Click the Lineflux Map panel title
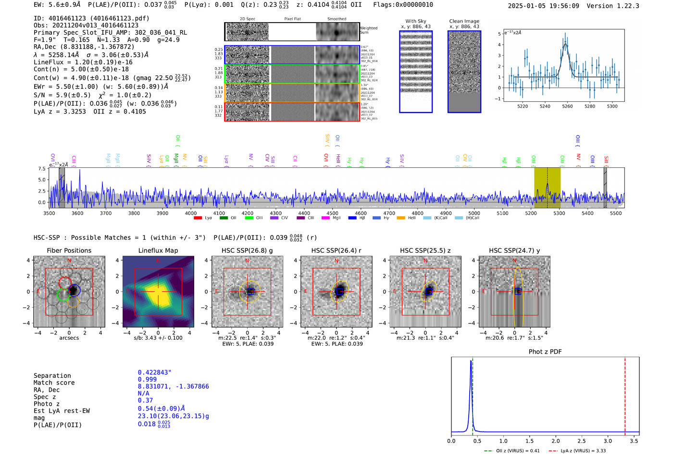[158, 250]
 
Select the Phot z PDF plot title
[545, 352]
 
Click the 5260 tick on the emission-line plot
[567, 107]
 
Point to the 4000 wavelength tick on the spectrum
[191, 213]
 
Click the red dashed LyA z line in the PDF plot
[625, 394]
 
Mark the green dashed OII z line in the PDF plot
[473, 394]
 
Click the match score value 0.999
[147, 380]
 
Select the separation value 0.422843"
[155, 372]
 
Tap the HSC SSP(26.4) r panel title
[336, 250]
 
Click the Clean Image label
[464, 21]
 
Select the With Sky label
[416, 21]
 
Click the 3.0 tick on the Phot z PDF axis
[608, 441]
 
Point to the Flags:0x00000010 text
[403, 5]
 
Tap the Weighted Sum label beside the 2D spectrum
[369, 30]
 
